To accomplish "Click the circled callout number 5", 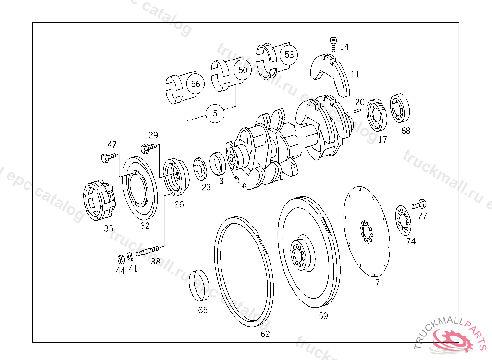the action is point(215,113).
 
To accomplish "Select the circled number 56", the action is point(195,84).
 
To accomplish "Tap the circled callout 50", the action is point(243,70).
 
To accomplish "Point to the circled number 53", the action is point(289,55).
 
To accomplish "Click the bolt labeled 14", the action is point(333,44).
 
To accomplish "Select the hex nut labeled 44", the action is point(121,259).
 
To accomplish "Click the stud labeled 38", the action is point(147,251).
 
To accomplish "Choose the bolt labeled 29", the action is point(148,147).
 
